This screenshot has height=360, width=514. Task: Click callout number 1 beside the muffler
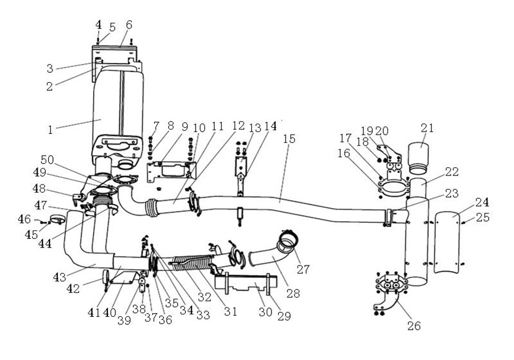pyautogui.click(x=52, y=130)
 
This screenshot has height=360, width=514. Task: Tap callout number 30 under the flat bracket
pyautogui.click(x=265, y=312)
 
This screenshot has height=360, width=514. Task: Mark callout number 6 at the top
pyautogui.click(x=129, y=25)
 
